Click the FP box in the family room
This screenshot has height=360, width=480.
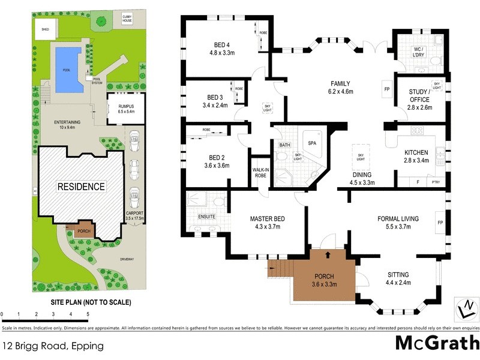point(386,91)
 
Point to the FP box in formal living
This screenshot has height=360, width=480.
point(440,223)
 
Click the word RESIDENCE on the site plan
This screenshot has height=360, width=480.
point(81,187)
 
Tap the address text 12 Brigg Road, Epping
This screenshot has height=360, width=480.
point(53,346)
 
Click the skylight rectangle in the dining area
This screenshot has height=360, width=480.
point(360,154)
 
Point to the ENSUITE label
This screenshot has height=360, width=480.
point(206,216)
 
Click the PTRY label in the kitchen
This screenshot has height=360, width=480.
point(435,181)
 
